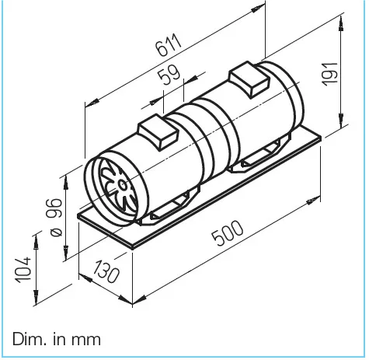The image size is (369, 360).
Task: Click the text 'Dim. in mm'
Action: pyautogui.click(x=56, y=340)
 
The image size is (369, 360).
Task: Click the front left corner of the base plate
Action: pyautogui.click(x=80, y=218)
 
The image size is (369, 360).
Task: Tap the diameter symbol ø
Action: pyautogui.click(x=54, y=231)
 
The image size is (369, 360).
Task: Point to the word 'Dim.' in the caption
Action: pyautogui.click(x=28, y=340)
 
